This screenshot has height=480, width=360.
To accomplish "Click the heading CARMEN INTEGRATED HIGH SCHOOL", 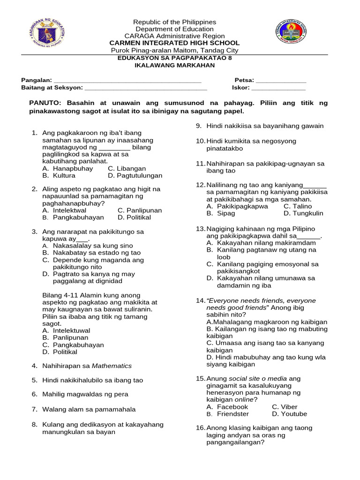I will click(x=174, y=43).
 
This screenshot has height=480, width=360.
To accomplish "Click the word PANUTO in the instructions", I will click(x=45, y=103).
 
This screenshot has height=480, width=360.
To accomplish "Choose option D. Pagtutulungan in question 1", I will click(x=135, y=176).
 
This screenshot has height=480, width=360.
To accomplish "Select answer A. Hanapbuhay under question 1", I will click(x=67, y=169).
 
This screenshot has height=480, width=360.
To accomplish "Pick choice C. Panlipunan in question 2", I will click(x=140, y=211).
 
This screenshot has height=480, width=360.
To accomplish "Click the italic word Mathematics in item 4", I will click(x=112, y=366).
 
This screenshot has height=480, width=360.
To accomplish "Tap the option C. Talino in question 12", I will click(x=298, y=206).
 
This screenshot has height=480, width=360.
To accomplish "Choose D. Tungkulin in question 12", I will click(x=303, y=213).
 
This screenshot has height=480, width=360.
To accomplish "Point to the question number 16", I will click(x=200, y=428).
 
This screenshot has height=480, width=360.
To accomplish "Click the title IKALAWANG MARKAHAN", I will click(x=174, y=65).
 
